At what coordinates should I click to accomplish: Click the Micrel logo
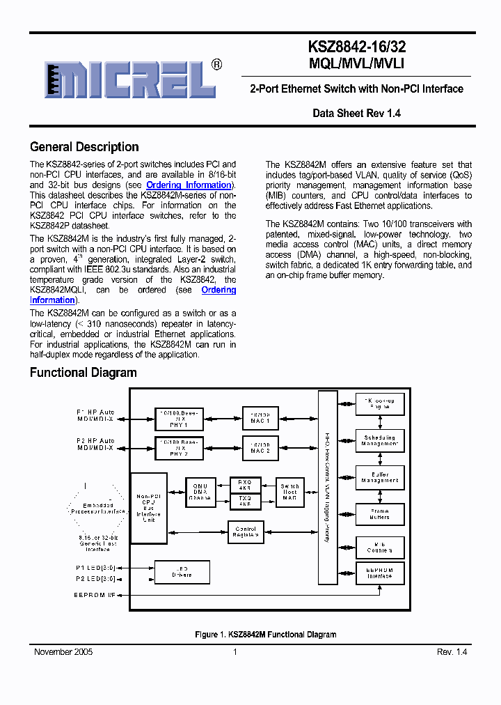[129, 79]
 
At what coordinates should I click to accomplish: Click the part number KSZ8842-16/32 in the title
[357, 47]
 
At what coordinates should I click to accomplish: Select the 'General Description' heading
[84, 147]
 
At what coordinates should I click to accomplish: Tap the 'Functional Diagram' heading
[83, 373]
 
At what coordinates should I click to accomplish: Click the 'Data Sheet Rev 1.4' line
[356, 113]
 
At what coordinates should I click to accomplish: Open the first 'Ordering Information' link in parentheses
[189, 185]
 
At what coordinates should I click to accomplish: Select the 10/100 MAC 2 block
[260, 447]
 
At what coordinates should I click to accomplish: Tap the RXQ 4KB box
[244, 485]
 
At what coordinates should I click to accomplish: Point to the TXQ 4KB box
[244, 502]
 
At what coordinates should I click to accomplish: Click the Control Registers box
[245, 532]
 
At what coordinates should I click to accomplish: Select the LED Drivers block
[181, 572]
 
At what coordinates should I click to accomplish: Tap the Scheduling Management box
[380, 441]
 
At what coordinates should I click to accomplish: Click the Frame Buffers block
[380, 514]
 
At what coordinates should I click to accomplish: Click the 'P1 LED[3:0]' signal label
[96, 568]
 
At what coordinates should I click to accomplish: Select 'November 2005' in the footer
[63, 652]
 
